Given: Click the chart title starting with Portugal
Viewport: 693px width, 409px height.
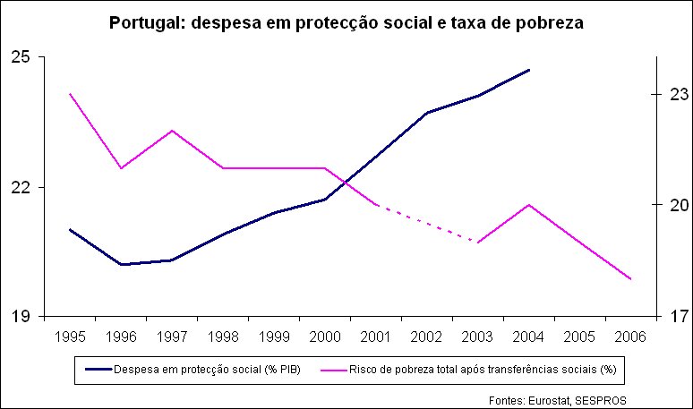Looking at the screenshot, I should tap(346, 23).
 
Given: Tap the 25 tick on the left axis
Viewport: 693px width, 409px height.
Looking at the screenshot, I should tap(21, 57).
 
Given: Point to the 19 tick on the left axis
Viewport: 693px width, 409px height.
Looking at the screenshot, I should tap(21, 317).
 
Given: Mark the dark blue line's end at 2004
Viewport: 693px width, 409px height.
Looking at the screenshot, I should tap(529, 70).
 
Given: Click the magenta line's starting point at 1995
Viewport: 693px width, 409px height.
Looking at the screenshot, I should tap(70, 94).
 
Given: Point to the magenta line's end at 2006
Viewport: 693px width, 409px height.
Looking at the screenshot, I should tap(631, 279).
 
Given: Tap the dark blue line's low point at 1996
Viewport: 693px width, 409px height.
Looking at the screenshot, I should tap(121, 265).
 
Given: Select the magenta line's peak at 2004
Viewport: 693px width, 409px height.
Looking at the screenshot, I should tap(529, 205).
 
